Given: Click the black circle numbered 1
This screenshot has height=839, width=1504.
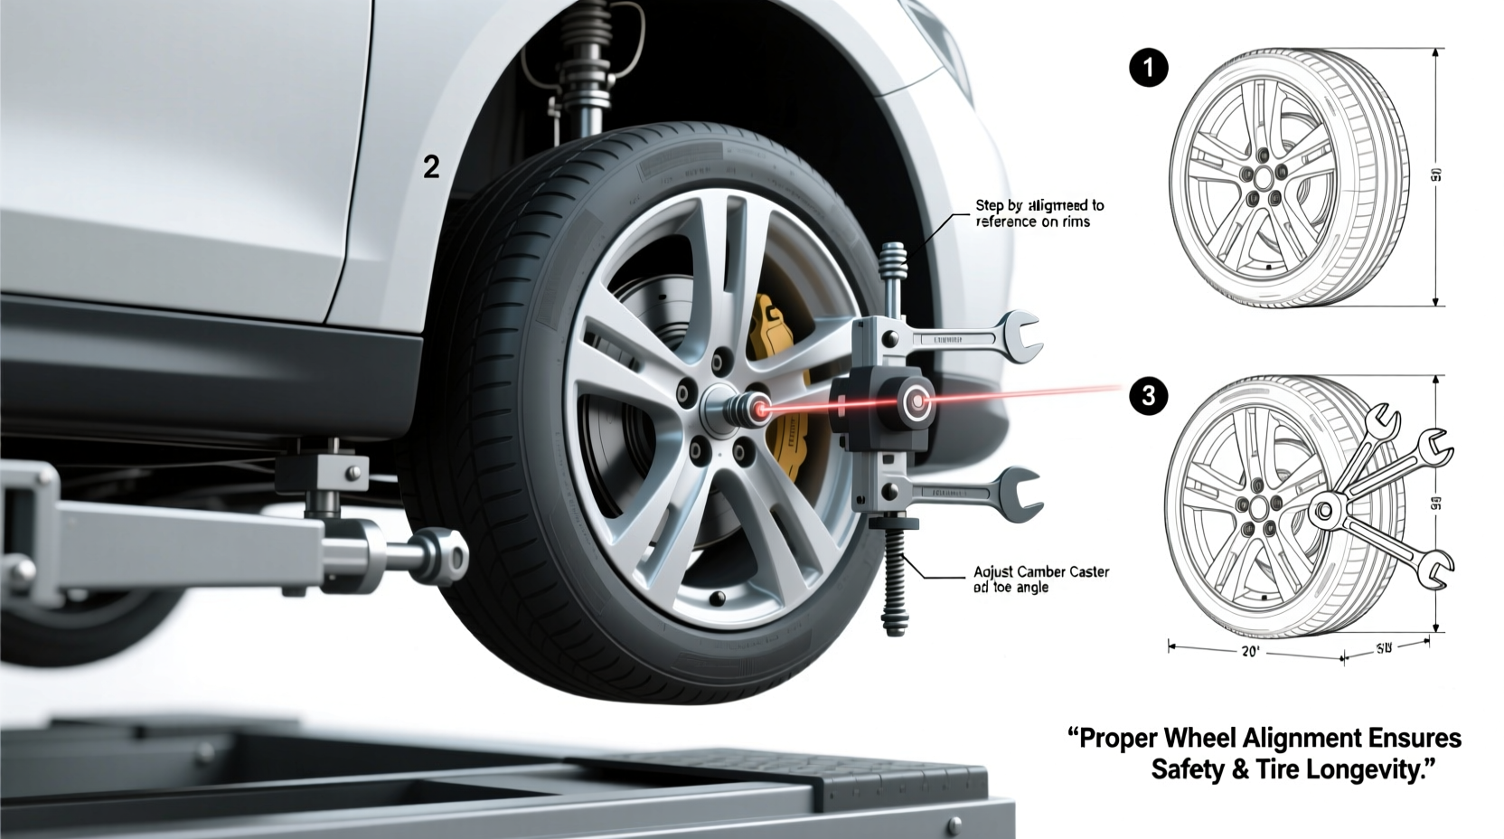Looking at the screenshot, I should (1149, 69).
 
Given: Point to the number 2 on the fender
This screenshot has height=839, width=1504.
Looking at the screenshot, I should (431, 167).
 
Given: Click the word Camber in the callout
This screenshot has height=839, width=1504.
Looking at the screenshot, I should (1042, 572).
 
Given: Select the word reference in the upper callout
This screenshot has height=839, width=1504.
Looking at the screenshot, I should (1007, 221).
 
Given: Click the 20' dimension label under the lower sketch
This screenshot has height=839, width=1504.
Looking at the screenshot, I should (1250, 652).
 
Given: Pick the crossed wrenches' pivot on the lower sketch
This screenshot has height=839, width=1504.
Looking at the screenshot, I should (1324, 509).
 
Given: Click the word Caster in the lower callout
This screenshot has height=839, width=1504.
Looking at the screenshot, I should (1089, 572).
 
